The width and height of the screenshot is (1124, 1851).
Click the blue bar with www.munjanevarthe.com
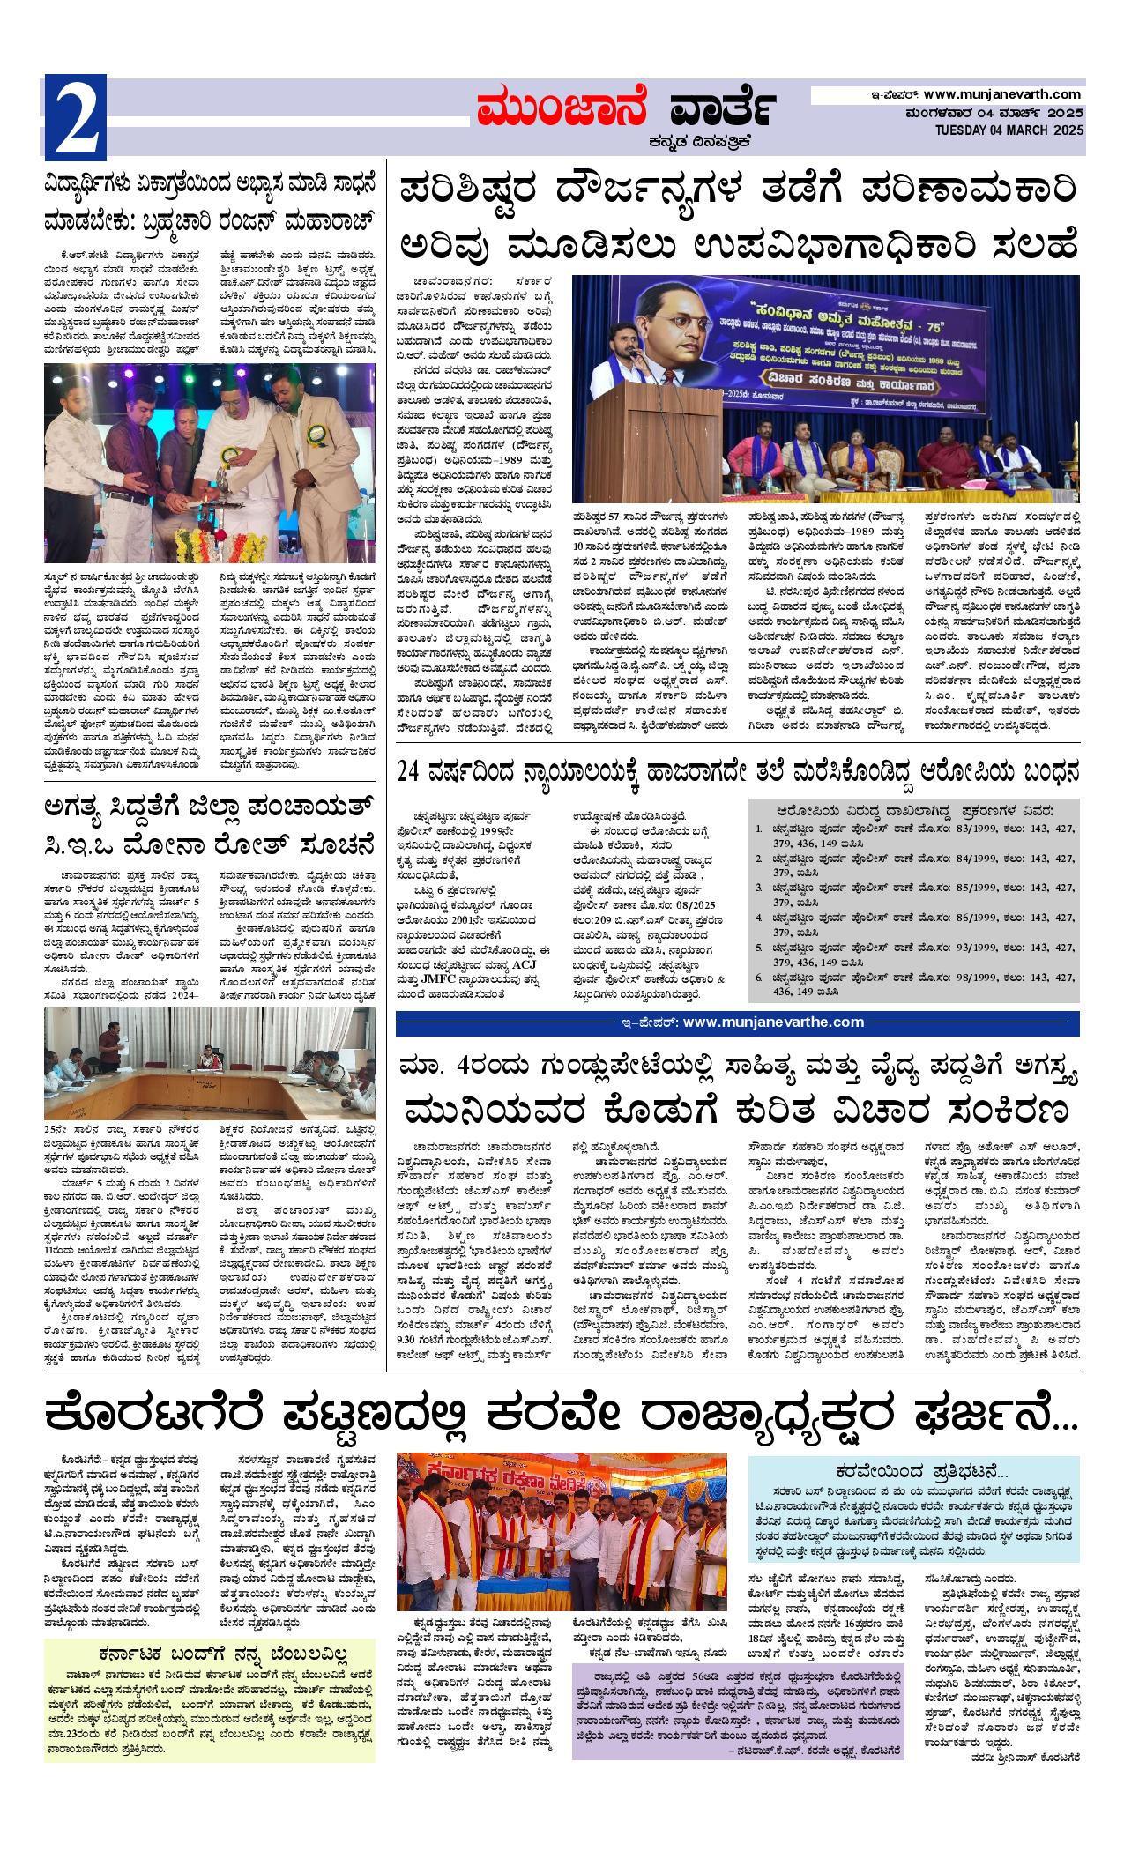tap(737, 1022)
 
